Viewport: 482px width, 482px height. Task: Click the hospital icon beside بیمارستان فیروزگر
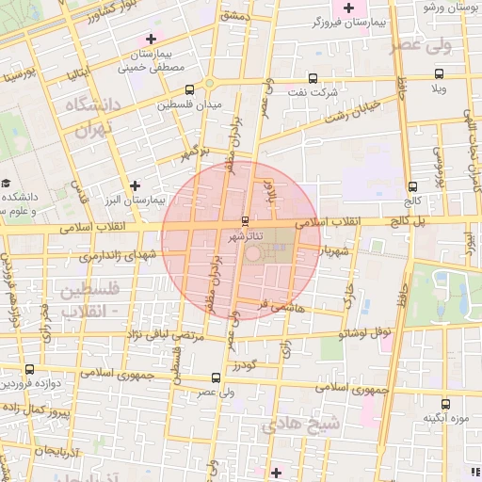point(348,7)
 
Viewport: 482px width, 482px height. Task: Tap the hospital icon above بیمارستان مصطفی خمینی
point(152,39)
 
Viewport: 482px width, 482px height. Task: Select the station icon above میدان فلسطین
point(190,89)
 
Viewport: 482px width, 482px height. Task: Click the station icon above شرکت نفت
point(313,79)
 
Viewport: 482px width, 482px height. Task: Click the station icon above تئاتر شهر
point(246,220)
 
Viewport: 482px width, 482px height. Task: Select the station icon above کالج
point(413,185)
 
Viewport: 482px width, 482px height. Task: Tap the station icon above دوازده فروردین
point(30,369)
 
